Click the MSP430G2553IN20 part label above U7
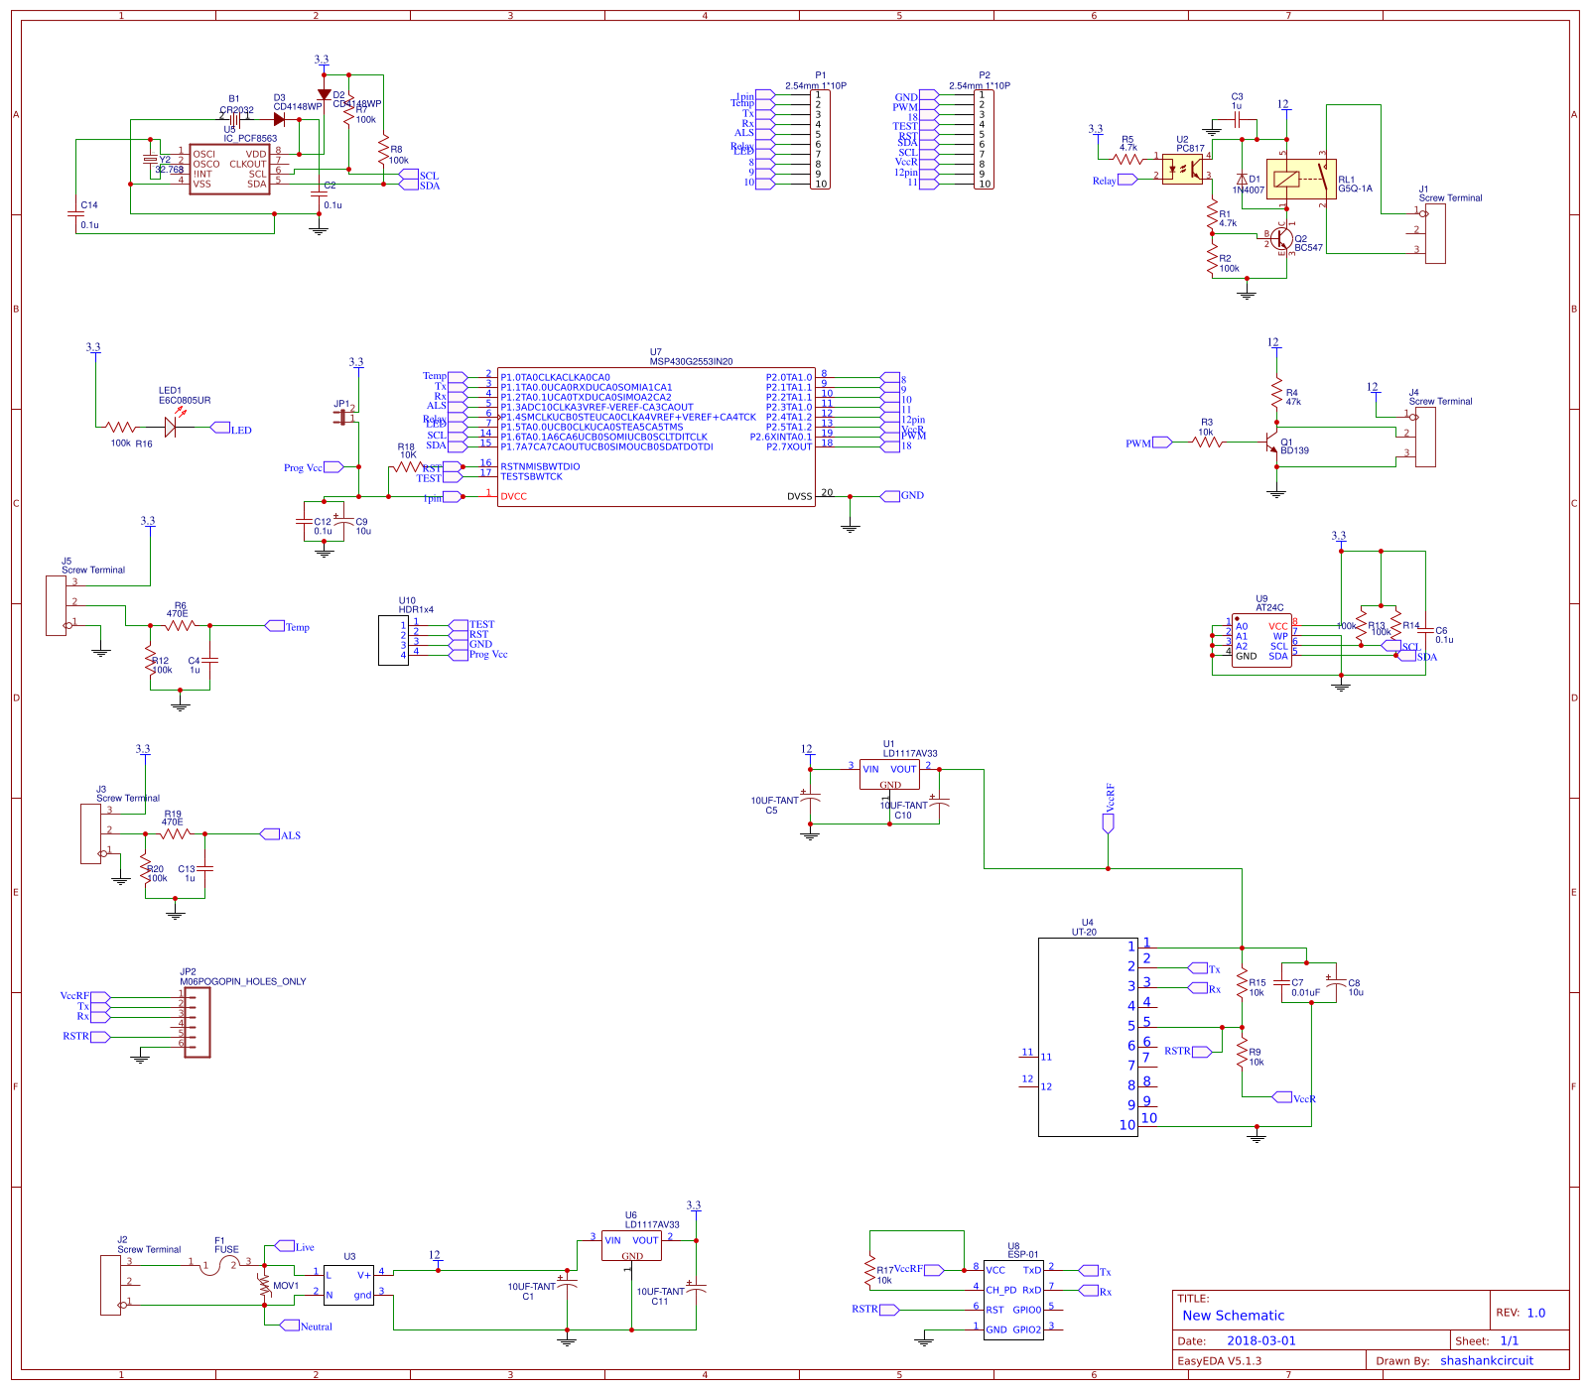tap(691, 362)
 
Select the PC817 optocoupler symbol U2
tap(1182, 169)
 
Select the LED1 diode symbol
tap(171, 428)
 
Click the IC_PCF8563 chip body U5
tap(229, 170)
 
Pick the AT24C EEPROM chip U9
tap(1261, 640)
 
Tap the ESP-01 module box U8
tap(1013, 1300)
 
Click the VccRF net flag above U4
tap(1109, 822)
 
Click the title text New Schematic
tap(1233, 1316)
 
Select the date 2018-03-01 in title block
tap(1260, 1340)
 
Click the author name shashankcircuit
tap(1486, 1360)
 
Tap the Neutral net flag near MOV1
tap(290, 1326)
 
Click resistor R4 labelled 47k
tap(1277, 394)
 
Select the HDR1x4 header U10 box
tap(393, 641)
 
